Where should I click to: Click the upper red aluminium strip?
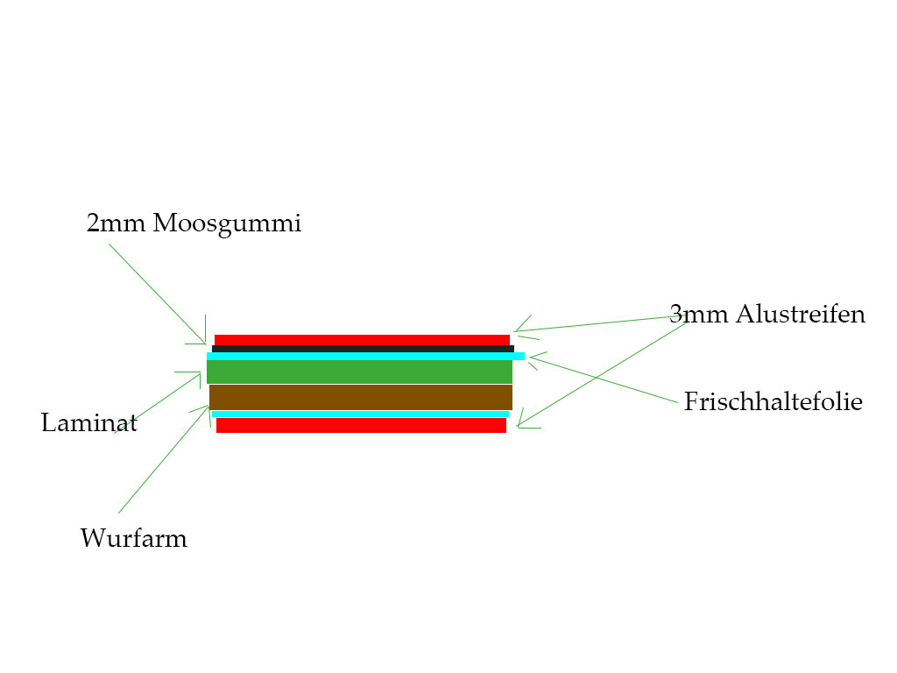click(x=362, y=340)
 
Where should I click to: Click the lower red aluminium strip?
click(x=361, y=425)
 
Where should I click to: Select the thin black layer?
click(x=363, y=349)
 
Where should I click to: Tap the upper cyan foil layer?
click(x=365, y=356)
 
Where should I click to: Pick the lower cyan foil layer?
click(x=360, y=414)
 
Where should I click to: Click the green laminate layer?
click(x=359, y=372)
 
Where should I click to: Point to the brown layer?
click(x=360, y=397)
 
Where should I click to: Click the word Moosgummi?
click(x=227, y=224)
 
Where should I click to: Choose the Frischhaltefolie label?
click(x=773, y=402)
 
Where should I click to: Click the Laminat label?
click(x=89, y=424)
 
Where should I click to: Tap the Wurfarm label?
click(x=133, y=537)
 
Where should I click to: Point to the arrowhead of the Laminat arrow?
click(x=200, y=373)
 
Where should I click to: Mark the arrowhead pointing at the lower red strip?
click(x=519, y=426)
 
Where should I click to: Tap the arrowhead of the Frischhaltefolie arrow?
click(x=531, y=357)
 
